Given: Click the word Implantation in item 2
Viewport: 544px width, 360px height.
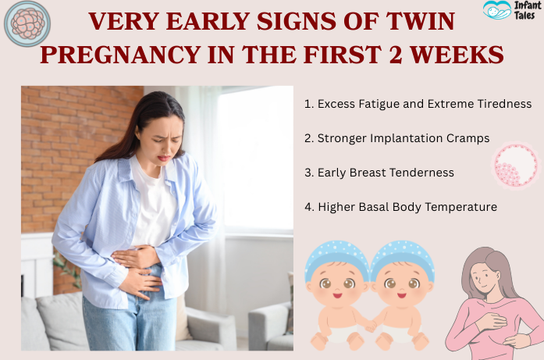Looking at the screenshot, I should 401,138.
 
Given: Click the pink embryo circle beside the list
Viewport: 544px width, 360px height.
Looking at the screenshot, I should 516,165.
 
